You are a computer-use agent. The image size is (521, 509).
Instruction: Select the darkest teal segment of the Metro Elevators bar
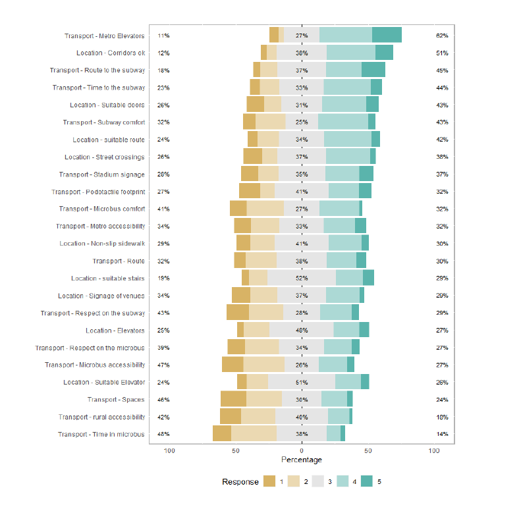coord(387,36)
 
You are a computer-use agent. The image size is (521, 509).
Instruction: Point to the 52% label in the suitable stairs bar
coord(302,279)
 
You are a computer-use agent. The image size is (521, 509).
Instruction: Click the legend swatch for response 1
coord(269,482)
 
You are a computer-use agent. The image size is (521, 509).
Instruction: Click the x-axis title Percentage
coord(302,460)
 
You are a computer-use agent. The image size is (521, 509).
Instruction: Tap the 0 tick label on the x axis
coord(302,450)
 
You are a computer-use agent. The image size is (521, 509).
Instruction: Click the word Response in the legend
coord(240,482)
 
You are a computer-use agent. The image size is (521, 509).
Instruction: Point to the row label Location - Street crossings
coord(104,157)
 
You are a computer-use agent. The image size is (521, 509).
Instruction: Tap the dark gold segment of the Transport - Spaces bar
coord(233,399)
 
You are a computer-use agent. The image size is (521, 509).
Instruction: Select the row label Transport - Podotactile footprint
coord(98,192)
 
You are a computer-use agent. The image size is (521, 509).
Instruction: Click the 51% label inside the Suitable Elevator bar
coord(302,382)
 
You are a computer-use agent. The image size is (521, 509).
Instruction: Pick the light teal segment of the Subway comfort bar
coord(343,122)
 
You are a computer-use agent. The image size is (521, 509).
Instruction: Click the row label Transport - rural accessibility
coord(101,417)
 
